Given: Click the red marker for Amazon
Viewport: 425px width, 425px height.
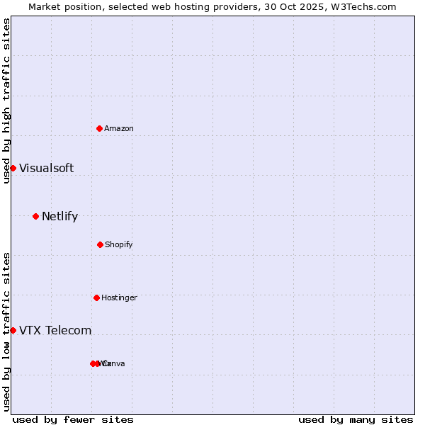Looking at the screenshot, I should [x=100, y=128].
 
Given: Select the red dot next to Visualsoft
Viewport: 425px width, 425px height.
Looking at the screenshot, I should [x=13, y=168].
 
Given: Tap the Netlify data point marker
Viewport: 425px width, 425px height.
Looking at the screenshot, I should [x=35, y=216].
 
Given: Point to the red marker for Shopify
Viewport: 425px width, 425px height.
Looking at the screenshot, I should [x=100, y=244].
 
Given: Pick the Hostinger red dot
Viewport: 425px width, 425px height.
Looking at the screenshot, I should [x=96, y=297].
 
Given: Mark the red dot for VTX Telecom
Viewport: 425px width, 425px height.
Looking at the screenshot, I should [x=13, y=330].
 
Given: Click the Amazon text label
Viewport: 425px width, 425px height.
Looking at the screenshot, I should [x=119, y=128].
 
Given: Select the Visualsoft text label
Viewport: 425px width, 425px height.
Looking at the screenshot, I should [x=46, y=168].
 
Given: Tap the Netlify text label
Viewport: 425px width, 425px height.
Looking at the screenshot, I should [x=59, y=216].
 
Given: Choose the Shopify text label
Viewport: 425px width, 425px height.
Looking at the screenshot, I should [x=119, y=244].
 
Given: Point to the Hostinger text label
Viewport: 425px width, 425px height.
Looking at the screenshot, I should [x=119, y=297].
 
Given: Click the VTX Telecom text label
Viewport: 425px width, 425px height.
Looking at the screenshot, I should [x=55, y=330].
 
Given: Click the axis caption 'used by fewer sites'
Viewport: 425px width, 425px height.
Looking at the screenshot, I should [x=73, y=419].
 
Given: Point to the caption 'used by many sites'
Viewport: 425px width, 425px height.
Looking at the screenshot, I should [x=356, y=419].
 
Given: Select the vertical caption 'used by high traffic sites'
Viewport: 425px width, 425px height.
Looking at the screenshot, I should [x=6, y=101].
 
